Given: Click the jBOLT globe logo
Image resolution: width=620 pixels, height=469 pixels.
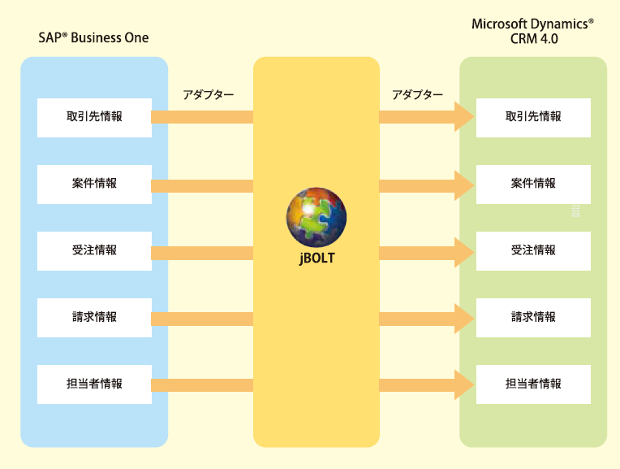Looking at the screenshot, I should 316,218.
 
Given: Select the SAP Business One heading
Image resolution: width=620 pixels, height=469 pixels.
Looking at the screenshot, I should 93,38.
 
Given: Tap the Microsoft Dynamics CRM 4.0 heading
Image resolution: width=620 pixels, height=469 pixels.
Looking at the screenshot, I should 533,31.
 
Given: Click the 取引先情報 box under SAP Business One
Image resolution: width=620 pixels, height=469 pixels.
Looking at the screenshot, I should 94,117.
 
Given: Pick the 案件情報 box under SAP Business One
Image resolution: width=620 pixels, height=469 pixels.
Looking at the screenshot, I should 94,184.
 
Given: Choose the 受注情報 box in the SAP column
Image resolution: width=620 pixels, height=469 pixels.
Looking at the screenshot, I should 94,250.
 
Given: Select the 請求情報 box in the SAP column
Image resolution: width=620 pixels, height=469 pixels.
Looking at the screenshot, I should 94,317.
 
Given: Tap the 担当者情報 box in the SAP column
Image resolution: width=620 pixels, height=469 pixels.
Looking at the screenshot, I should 94,384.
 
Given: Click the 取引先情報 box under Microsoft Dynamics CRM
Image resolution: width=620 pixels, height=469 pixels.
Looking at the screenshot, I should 533,117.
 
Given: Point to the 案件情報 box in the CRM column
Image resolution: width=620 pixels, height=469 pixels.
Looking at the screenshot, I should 533,184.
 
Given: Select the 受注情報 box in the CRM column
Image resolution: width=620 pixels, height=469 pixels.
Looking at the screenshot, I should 533,250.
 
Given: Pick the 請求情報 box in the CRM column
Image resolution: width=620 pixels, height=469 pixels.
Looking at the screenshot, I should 533,317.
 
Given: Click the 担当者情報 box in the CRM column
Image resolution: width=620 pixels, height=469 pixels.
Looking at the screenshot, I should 533,384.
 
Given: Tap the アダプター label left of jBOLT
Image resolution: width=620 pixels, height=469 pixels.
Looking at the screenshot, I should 209,95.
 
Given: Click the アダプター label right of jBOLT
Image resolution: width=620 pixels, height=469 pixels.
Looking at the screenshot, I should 417,95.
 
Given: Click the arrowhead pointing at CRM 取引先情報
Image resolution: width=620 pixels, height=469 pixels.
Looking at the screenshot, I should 465,117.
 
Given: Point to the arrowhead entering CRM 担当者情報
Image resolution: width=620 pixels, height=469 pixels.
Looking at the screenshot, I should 465,384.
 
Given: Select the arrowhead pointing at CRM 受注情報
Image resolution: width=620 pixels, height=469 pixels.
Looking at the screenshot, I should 465,250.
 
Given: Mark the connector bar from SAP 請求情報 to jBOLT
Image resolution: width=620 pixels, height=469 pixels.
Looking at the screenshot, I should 202,317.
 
